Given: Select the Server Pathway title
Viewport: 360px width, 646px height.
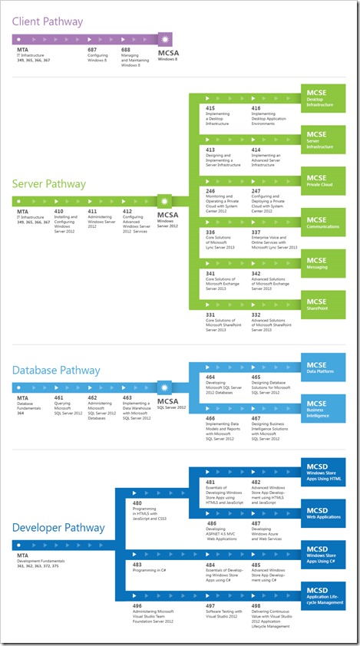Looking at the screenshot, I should click(48, 184).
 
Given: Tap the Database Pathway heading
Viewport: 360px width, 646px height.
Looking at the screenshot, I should click(56, 371).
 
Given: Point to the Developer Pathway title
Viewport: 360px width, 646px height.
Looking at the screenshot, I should click(58, 528).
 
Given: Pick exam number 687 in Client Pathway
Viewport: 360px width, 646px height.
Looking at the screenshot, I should click(93, 49).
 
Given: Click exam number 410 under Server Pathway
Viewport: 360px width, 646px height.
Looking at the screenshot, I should click(58, 211).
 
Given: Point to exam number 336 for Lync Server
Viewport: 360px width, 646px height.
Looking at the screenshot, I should click(210, 232).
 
